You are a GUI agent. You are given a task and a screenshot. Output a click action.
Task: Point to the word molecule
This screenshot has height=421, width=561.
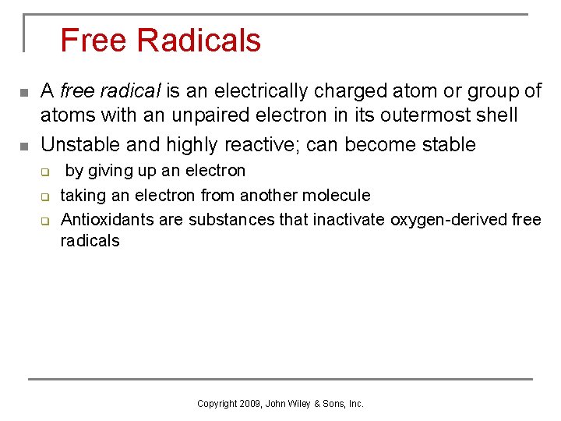click(x=334, y=195)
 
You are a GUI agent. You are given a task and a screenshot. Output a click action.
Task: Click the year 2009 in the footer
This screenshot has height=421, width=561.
click(x=249, y=404)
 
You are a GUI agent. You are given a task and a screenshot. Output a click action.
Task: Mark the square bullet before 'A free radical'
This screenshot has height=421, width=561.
click(x=23, y=94)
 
